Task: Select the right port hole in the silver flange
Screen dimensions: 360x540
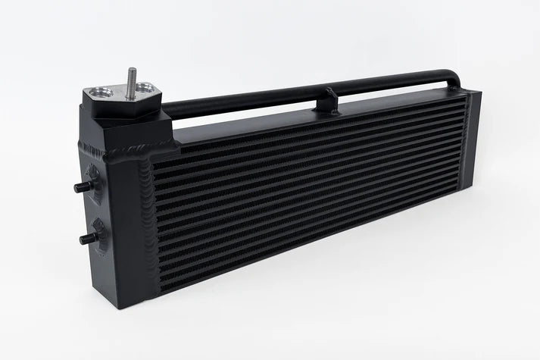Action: click(x=145, y=95)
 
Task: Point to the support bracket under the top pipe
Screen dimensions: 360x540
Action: click(x=326, y=100)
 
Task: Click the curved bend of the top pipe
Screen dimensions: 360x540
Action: click(x=453, y=77)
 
